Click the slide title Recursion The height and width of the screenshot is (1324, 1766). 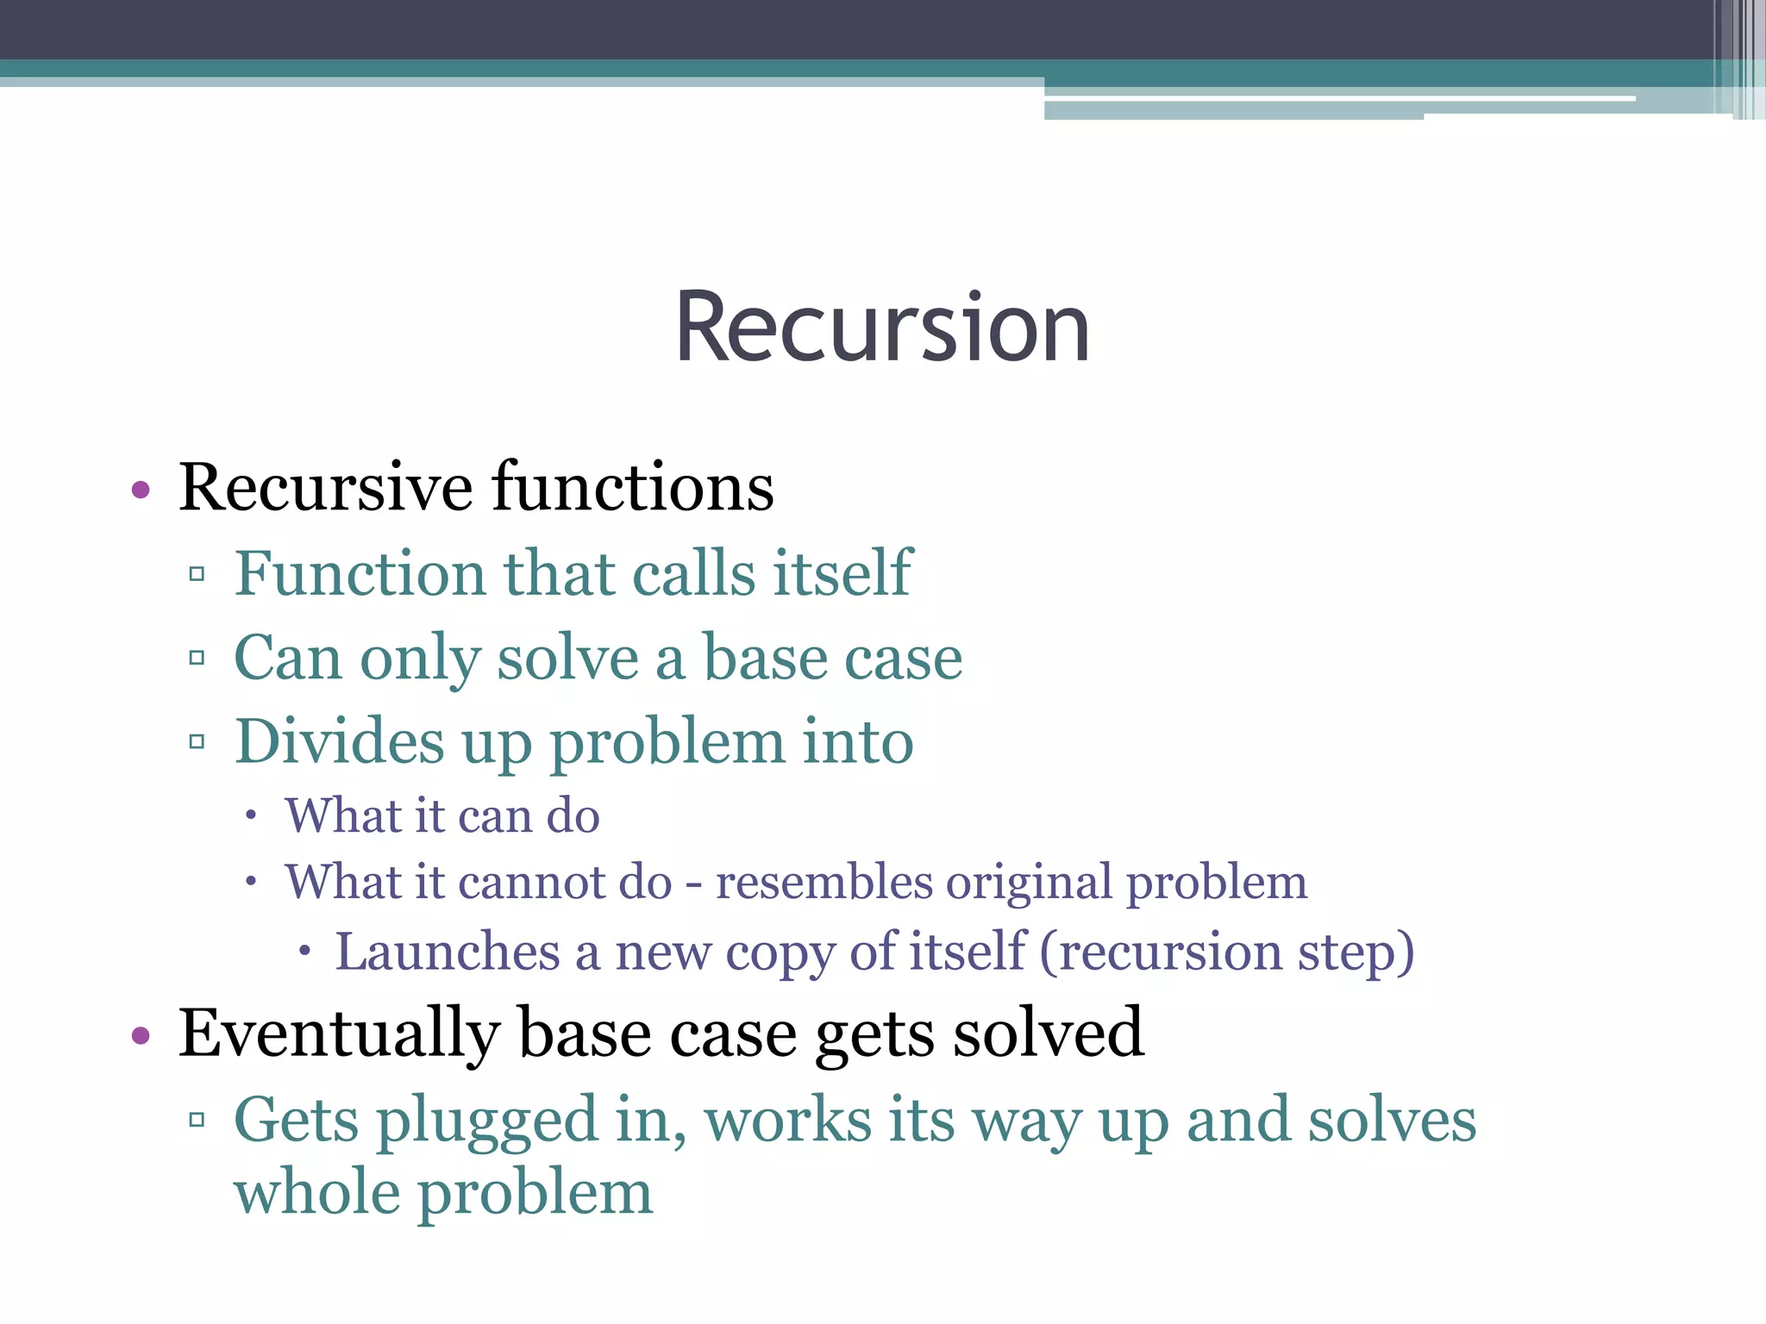click(882, 328)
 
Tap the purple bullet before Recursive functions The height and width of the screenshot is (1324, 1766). click(141, 490)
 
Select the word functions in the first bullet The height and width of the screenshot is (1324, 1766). click(633, 487)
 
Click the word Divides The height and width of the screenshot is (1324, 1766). click(340, 741)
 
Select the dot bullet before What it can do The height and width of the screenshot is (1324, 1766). click(251, 815)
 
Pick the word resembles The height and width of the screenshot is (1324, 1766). click(824, 883)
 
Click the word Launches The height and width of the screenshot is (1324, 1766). click(448, 952)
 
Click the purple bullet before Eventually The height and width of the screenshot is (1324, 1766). click(141, 1035)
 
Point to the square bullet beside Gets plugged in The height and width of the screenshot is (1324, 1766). click(197, 1120)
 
